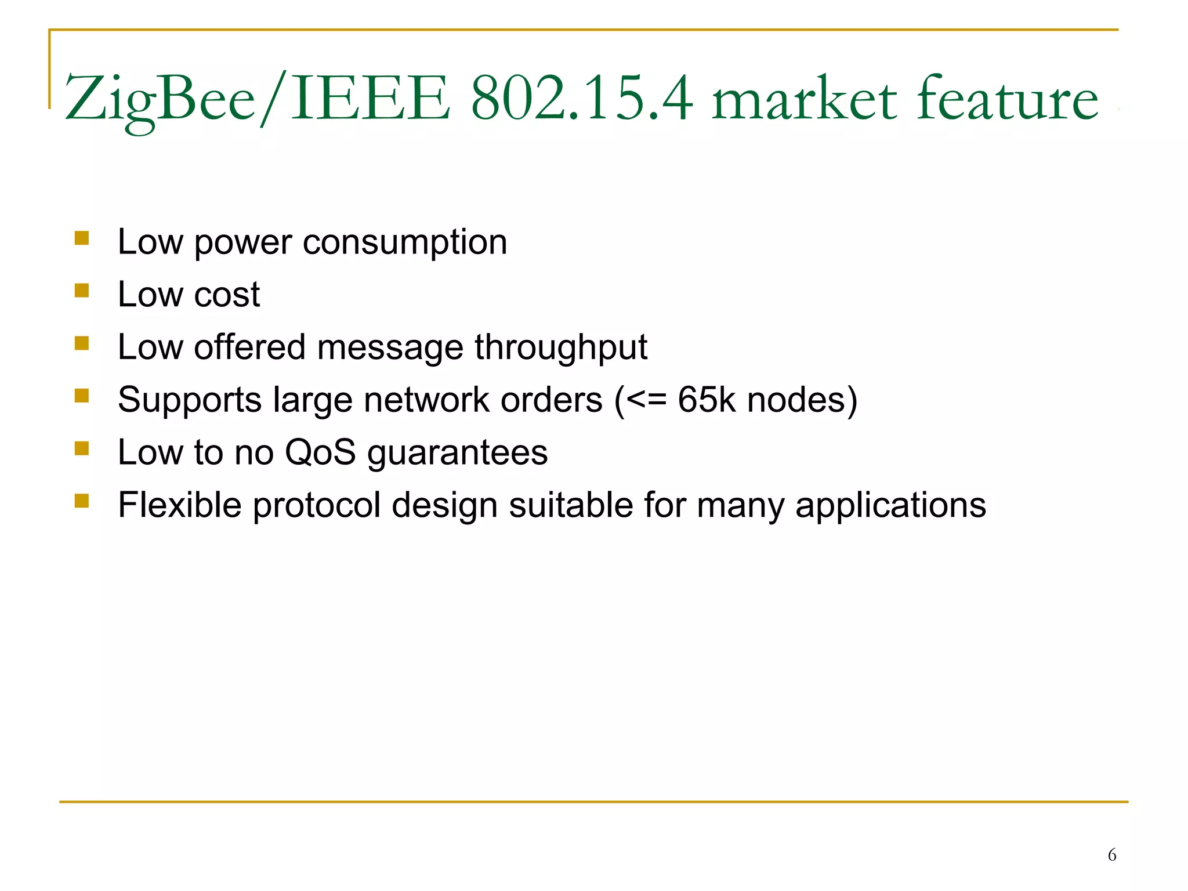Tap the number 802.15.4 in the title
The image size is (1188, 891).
pyautogui.click(x=582, y=99)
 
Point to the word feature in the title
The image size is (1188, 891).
pyautogui.click(x=1008, y=99)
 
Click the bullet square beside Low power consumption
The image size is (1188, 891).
pyautogui.click(x=82, y=238)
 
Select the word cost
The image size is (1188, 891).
pyautogui.click(x=227, y=295)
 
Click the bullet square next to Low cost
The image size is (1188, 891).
pyautogui.click(x=82, y=291)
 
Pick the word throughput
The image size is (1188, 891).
pyautogui.click(x=561, y=348)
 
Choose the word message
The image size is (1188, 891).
pyautogui.click(x=390, y=348)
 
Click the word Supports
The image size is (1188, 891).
pyautogui.click(x=190, y=401)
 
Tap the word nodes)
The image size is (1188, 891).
pyautogui.click(x=802, y=401)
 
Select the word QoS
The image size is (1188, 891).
pyautogui.click(x=320, y=452)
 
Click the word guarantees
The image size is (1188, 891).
pyautogui.click(x=458, y=454)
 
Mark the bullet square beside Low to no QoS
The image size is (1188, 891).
pyautogui.click(x=82, y=448)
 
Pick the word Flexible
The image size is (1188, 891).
pyautogui.click(x=180, y=505)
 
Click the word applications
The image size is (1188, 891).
pyautogui.click(x=890, y=506)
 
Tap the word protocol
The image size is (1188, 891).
pyautogui.click(x=317, y=506)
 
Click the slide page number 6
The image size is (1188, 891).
pyautogui.click(x=1112, y=855)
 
